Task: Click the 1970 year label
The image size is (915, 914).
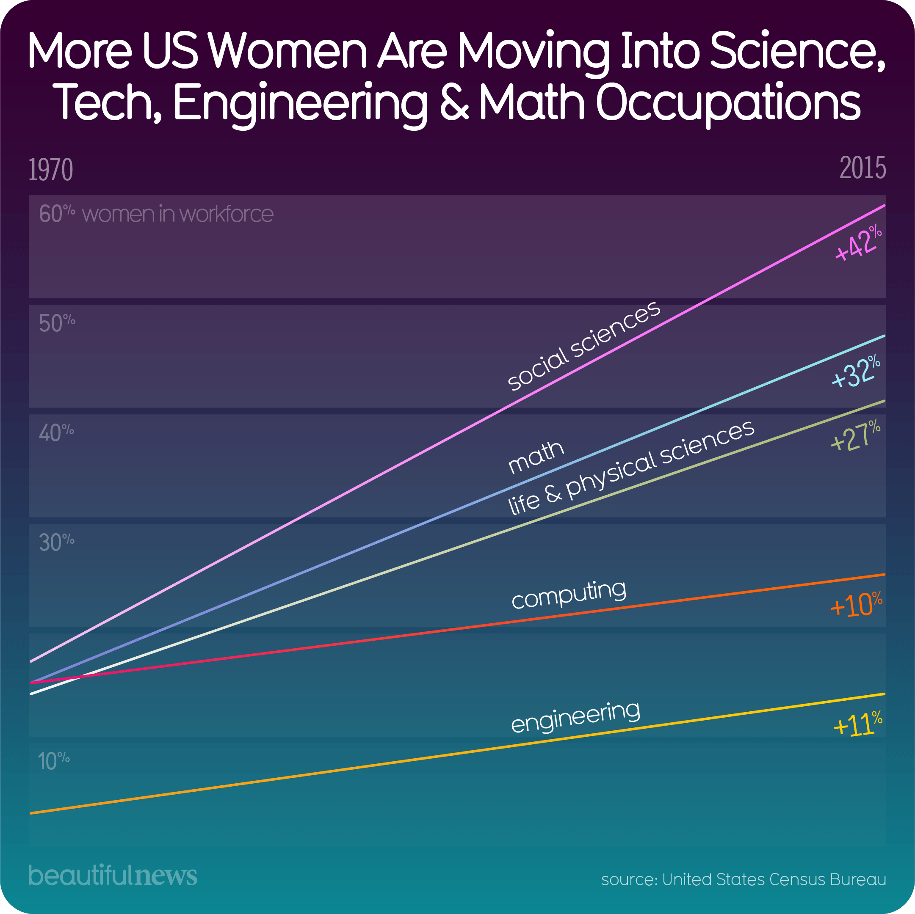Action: pos(51,169)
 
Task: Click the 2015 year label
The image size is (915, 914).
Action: pos(862,168)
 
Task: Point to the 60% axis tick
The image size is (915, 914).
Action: pos(56,214)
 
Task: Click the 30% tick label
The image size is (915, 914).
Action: pos(56,543)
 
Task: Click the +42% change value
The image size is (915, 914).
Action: pos(858,244)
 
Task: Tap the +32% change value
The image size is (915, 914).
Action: pos(856,372)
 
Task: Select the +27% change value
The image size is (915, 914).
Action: pos(856,436)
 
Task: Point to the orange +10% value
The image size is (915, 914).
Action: pos(856,604)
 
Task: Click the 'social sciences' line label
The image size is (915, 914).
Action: pos(583,346)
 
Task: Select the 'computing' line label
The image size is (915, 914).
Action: pos(569,596)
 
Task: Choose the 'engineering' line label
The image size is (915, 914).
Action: pos(575,718)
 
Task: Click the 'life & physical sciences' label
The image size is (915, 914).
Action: pos(631,468)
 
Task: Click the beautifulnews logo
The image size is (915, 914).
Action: pos(113,875)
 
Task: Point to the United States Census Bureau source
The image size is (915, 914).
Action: pos(743,879)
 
